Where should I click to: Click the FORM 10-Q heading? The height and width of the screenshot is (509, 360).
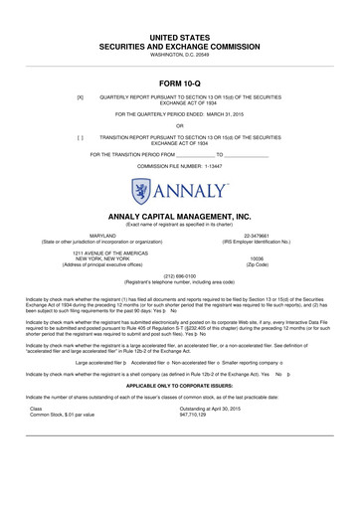(180, 82)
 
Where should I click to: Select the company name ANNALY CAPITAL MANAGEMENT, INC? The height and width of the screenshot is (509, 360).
(179, 215)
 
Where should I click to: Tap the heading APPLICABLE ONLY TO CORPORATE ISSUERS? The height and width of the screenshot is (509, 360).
(179, 411)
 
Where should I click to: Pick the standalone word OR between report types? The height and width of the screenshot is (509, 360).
(179, 126)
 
